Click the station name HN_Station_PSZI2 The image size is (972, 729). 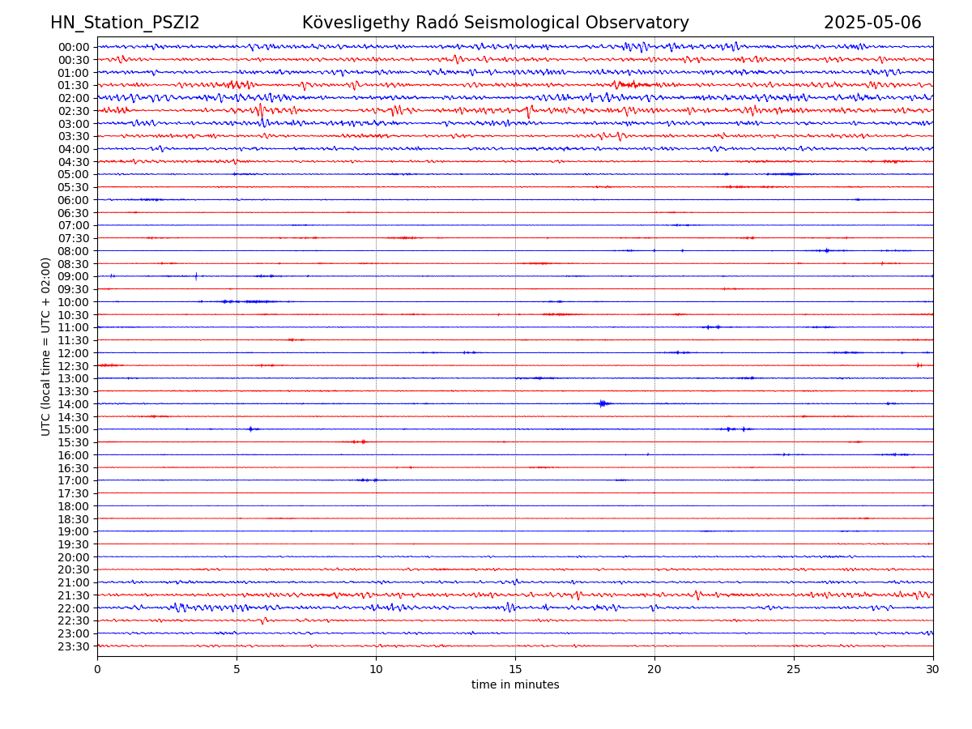tap(125, 23)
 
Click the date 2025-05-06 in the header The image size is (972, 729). tap(872, 23)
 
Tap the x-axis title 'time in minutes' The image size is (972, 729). tap(515, 685)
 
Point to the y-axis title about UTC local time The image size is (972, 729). tap(46, 347)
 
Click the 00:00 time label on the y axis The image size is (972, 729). tap(74, 47)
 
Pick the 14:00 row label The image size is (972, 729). tap(74, 404)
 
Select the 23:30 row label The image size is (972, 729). tap(74, 646)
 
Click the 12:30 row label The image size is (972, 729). tap(74, 366)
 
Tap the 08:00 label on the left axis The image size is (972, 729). tap(74, 251)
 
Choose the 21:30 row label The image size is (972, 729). tap(74, 595)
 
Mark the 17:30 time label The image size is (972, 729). tap(74, 493)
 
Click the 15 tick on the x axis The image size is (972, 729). tap(515, 670)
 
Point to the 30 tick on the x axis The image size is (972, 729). tap(933, 670)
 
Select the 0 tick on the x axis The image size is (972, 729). tap(97, 670)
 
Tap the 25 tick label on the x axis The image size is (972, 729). tap(794, 670)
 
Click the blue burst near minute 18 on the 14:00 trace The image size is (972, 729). tap(602, 403)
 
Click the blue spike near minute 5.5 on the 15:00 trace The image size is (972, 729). tap(250, 428)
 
